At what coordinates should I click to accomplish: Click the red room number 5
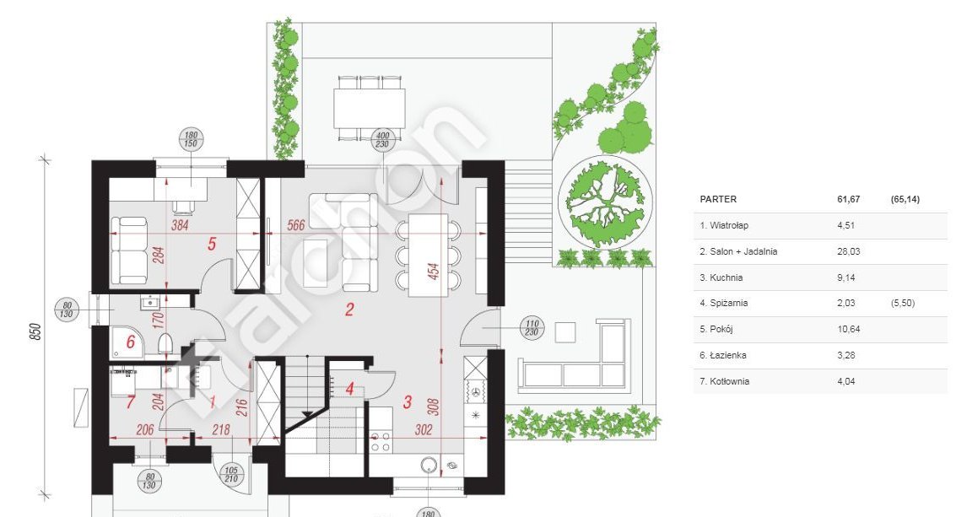[212, 244]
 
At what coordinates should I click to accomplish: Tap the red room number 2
[349, 310]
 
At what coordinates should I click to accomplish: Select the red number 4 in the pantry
[349, 390]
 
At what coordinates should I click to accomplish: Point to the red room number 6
[130, 342]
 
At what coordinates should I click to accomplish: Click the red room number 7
[130, 402]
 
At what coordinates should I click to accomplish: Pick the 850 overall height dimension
[36, 331]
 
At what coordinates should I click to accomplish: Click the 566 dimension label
[296, 225]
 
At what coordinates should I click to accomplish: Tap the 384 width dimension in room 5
[179, 225]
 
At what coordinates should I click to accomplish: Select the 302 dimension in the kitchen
[424, 429]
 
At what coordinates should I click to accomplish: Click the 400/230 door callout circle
[383, 140]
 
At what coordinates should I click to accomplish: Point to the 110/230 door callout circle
[532, 328]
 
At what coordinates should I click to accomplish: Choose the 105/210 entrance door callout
[230, 475]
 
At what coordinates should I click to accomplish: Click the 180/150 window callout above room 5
[191, 139]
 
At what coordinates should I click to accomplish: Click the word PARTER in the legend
[718, 199]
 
